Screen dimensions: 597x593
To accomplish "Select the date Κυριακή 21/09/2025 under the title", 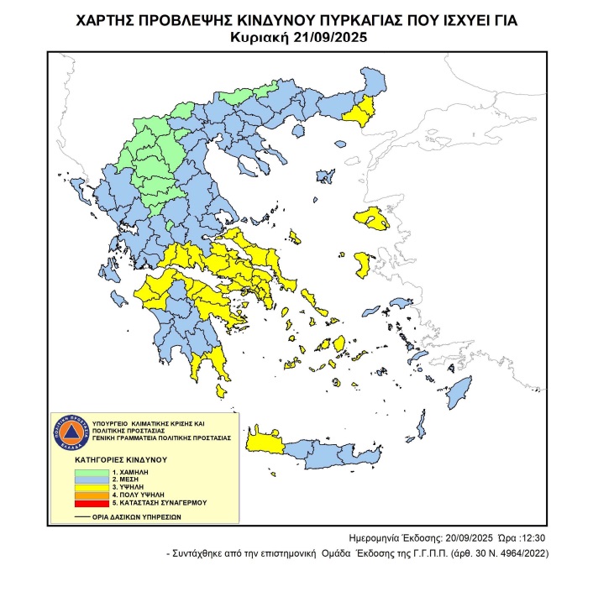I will click(296, 37).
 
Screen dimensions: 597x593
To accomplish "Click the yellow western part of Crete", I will click(265, 443).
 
